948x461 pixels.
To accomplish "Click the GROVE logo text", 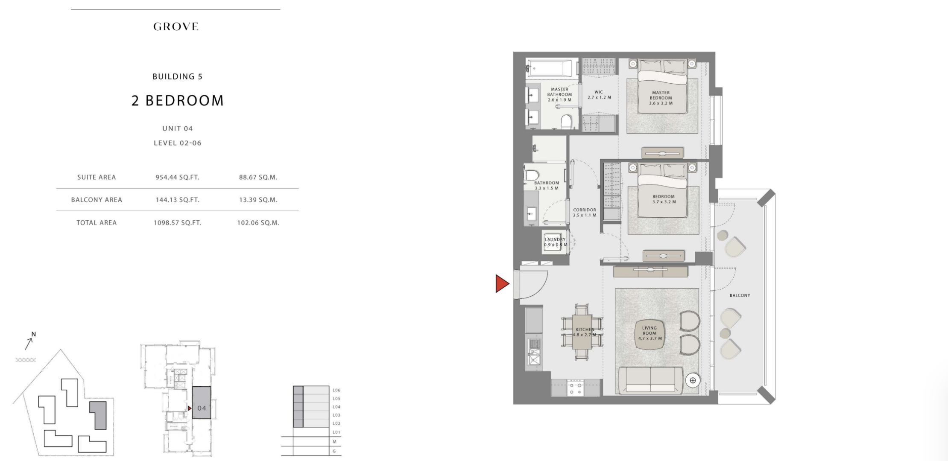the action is coord(176,27).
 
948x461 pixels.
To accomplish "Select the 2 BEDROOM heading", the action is coord(178,101).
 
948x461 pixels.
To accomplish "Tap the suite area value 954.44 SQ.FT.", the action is coord(177,177).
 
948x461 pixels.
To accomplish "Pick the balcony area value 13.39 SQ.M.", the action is coord(258,200).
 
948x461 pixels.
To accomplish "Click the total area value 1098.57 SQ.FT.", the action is coord(177,223).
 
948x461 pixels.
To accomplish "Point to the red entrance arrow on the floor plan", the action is coord(502,284).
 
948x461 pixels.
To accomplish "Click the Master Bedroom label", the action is coord(661,98).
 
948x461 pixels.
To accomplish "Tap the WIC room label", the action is coord(599,95).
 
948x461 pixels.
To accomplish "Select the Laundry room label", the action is coord(555,242).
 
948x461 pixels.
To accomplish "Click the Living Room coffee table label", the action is coord(650,333).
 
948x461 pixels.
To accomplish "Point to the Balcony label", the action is coord(740,295).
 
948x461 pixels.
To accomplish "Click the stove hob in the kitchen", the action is coord(576,388).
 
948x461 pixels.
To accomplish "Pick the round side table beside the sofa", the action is coord(692,380).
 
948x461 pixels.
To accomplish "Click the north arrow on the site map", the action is coord(29,343).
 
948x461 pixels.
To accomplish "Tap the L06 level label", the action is coord(336,390).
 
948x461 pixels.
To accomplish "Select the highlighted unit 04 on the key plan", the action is coord(201,403).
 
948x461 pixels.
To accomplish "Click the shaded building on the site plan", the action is coord(98,415).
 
